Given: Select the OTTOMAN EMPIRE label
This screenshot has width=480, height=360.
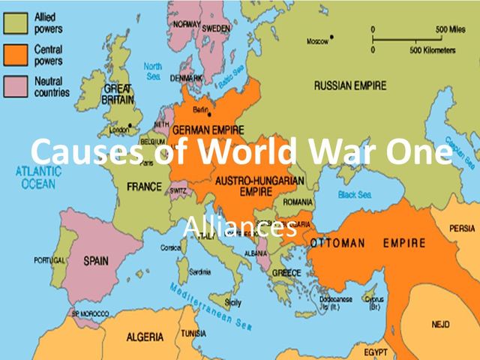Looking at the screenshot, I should (x=368, y=243).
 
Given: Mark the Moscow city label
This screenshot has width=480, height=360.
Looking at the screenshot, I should (x=317, y=41).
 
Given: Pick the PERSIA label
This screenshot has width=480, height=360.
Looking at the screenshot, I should (x=462, y=228).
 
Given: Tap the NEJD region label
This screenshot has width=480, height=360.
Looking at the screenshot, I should (x=440, y=324).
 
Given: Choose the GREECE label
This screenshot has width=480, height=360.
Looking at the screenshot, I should (x=287, y=272).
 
